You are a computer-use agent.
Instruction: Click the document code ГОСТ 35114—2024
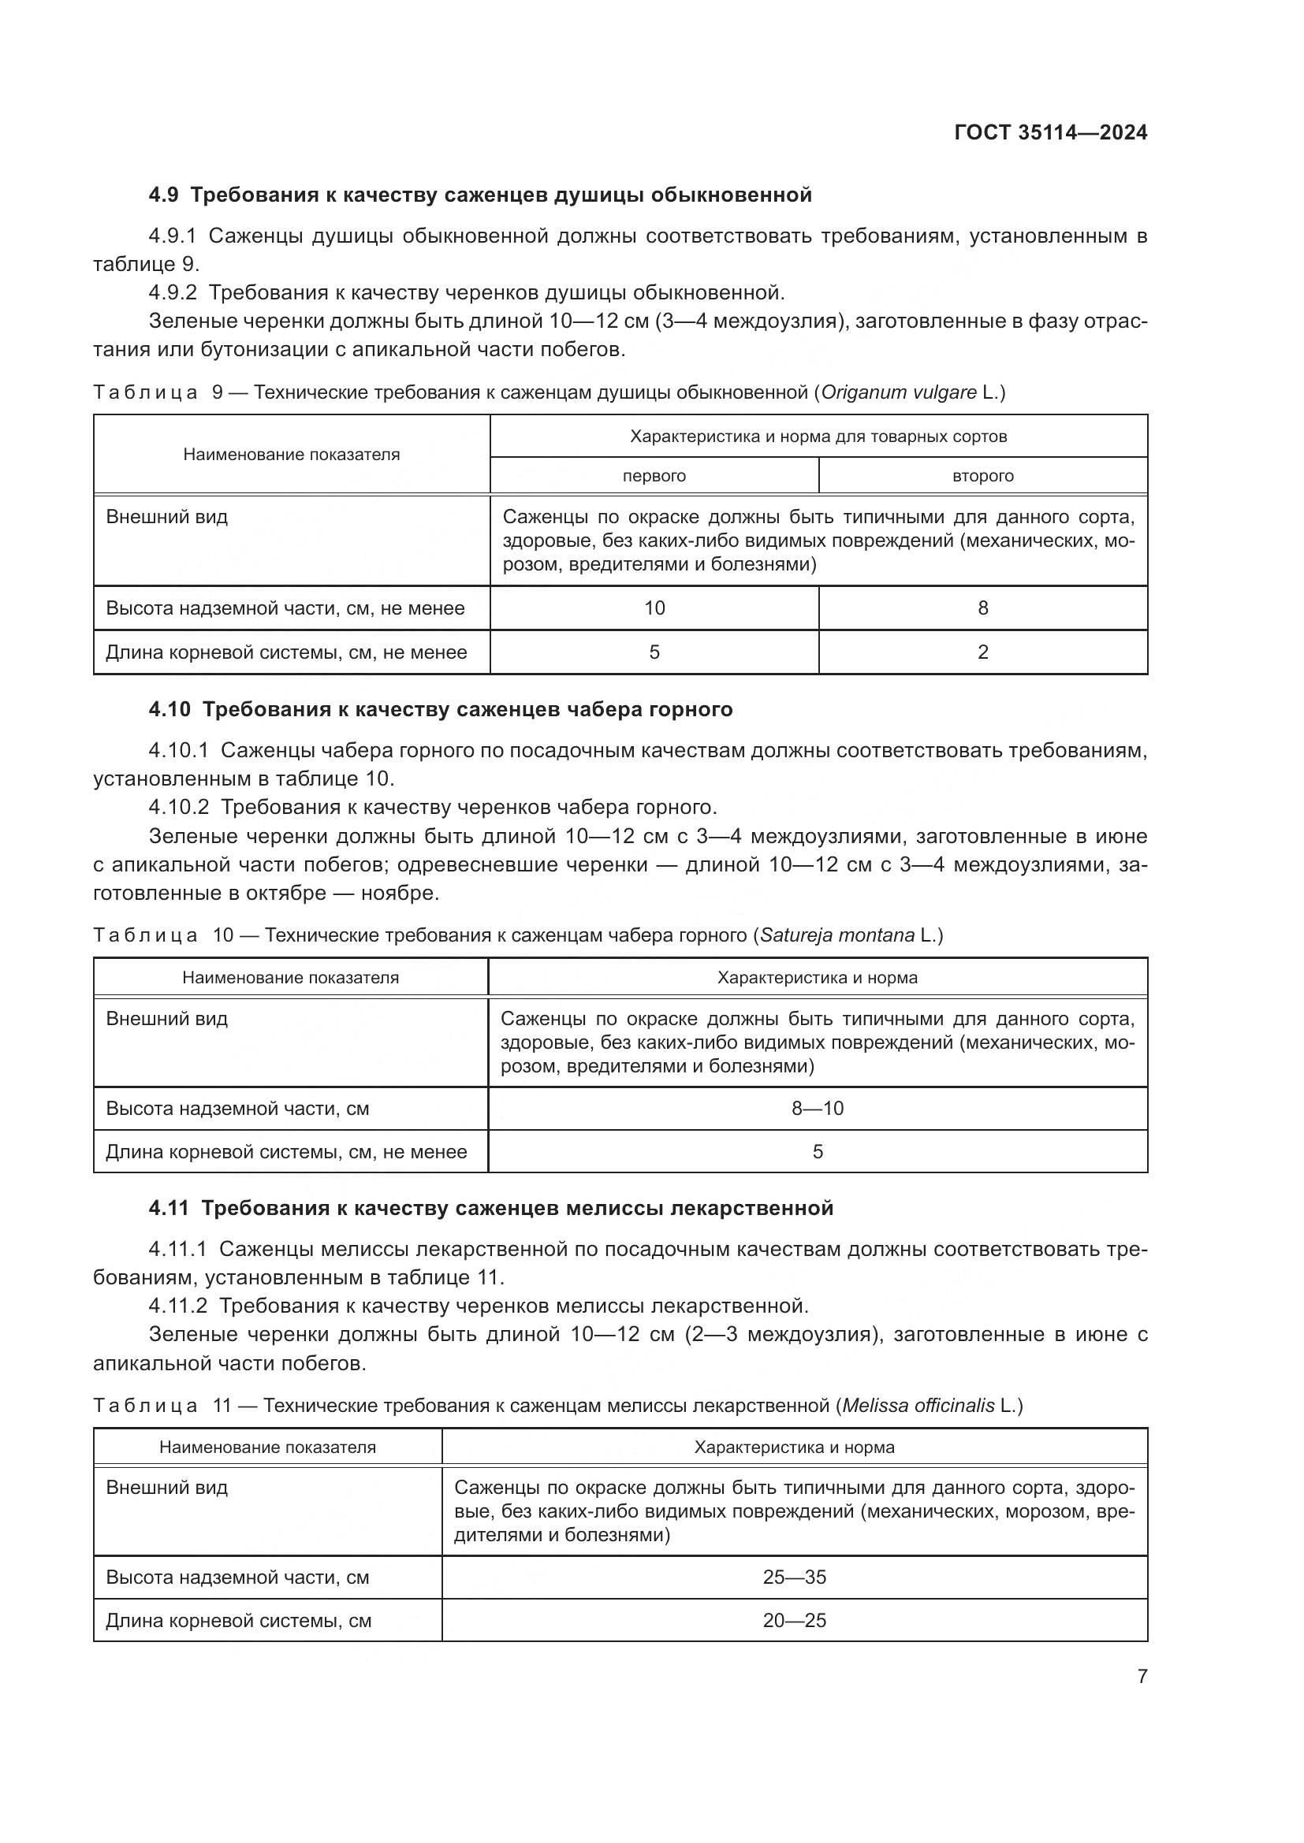(1050, 133)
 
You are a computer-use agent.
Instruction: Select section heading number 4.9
(165, 195)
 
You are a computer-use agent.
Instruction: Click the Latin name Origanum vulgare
(899, 392)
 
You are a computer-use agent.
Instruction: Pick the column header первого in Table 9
(654, 476)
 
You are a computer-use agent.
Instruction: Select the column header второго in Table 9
(983, 476)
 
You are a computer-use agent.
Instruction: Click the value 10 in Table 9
(654, 608)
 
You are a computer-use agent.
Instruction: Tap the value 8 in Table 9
(983, 608)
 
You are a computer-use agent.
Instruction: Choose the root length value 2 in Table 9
(983, 652)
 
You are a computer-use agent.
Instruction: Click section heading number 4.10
(170, 710)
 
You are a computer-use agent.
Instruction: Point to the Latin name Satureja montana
(836, 935)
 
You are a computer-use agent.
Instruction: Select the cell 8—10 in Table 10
(818, 1109)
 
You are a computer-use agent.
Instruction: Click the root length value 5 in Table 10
(818, 1152)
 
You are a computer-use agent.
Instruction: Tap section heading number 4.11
(169, 1209)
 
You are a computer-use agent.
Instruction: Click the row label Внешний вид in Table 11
(167, 1488)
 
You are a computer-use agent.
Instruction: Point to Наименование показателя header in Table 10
(291, 978)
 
